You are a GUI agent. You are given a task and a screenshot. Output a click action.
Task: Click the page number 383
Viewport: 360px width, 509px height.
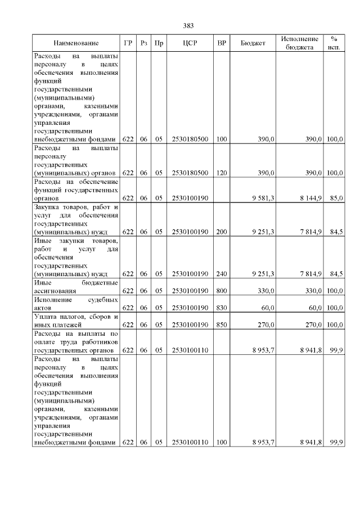coord(188,26)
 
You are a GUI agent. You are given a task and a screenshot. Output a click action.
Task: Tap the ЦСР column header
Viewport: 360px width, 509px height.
coord(190,43)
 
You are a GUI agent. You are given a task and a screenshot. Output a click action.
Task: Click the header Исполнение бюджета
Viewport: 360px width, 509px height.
coord(299,43)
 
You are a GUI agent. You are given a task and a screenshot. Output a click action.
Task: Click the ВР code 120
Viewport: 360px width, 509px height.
coord(222,173)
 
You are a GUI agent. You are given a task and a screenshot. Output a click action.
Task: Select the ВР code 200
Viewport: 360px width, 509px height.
coord(222,232)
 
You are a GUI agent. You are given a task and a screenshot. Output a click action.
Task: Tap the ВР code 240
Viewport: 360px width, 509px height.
coord(222,274)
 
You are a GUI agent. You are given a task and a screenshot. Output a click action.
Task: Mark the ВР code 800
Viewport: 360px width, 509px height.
coord(222,291)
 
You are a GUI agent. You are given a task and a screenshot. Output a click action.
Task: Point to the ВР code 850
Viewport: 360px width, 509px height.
coord(222,325)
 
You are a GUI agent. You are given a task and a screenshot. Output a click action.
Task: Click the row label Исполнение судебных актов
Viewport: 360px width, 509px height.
coord(76,304)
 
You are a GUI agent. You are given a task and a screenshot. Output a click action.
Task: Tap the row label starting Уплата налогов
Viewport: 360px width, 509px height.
coord(76,321)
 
